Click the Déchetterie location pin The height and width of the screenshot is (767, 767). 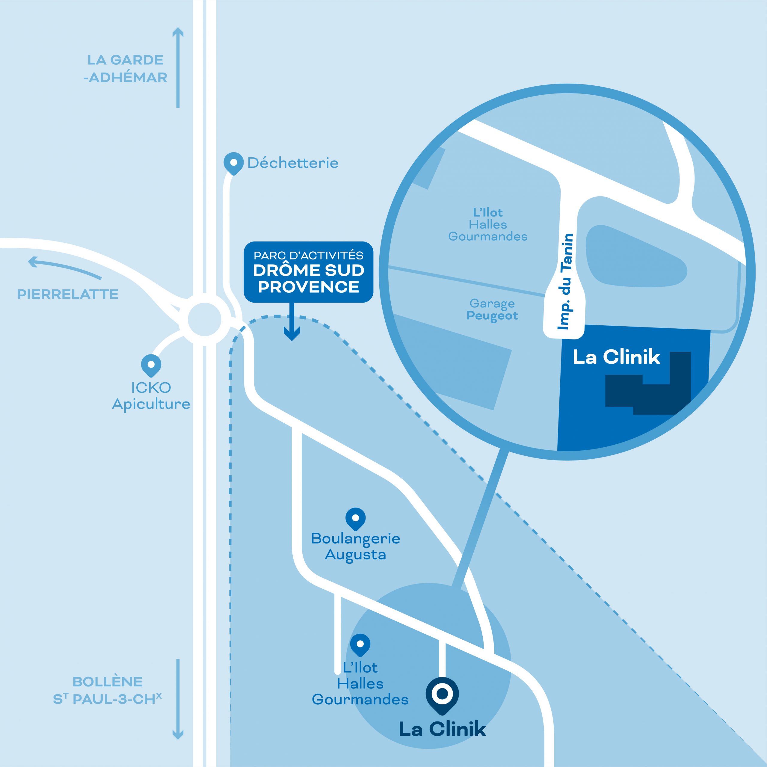point(233,163)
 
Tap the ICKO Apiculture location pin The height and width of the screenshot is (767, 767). point(151,364)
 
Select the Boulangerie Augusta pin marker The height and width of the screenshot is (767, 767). point(355,518)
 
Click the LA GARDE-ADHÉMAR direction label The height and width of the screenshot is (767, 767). point(126,68)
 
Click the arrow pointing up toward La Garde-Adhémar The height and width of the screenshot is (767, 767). point(178,67)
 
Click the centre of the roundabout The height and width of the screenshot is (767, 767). point(204,320)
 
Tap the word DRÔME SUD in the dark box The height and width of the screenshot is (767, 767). point(309,270)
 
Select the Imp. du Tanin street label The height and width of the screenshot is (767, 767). point(565,281)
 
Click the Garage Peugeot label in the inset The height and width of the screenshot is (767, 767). point(492,310)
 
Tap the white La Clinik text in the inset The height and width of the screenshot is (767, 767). point(616,357)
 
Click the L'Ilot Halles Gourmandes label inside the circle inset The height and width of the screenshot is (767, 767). point(488,224)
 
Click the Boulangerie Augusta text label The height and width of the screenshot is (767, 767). point(355,546)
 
